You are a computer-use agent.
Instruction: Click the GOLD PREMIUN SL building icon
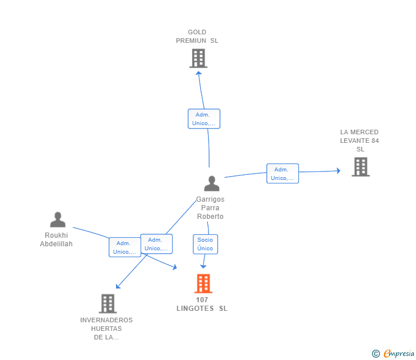click(x=198, y=58)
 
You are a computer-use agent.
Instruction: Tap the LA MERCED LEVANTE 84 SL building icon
click(x=361, y=167)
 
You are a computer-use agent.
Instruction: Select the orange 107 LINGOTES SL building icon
click(x=203, y=283)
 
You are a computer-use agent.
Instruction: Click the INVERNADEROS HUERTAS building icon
click(x=107, y=303)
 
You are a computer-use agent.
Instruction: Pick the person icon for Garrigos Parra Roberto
click(x=211, y=183)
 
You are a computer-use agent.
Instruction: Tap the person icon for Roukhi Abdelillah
click(x=58, y=219)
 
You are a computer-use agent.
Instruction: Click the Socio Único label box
click(x=205, y=244)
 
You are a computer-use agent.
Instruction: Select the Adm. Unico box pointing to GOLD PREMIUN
click(x=204, y=119)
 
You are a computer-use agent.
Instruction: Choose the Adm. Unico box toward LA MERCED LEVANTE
click(x=282, y=174)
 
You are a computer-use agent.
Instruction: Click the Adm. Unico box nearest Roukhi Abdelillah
click(x=125, y=247)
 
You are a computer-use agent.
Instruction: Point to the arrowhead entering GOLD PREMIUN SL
click(x=199, y=73)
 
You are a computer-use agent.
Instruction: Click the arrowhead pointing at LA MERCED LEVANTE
click(x=338, y=171)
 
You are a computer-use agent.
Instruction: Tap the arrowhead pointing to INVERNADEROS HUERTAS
click(x=118, y=286)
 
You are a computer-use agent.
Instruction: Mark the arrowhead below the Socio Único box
click(x=203, y=266)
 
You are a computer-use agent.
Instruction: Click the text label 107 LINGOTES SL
click(x=202, y=304)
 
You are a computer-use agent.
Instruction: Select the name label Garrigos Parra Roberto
click(x=210, y=208)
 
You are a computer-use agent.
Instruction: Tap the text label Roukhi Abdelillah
click(x=56, y=239)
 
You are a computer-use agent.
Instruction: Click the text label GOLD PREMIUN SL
click(x=197, y=37)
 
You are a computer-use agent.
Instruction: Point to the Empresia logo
click(x=399, y=353)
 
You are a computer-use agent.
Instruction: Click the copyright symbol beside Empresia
click(x=375, y=354)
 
